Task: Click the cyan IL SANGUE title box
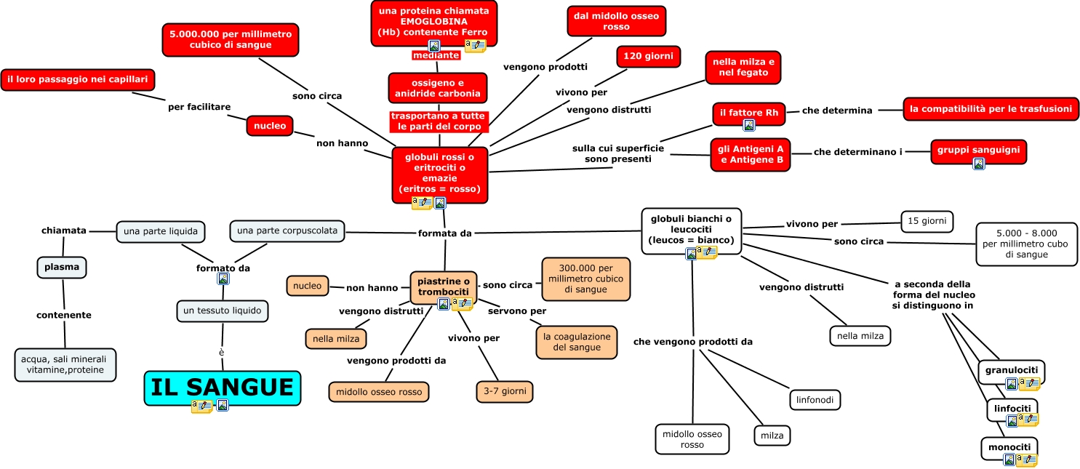[x=222, y=387]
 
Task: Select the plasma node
[x=62, y=267]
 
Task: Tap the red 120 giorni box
[x=648, y=56]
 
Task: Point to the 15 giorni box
[x=927, y=221]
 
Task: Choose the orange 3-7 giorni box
[x=505, y=391]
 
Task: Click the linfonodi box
[x=815, y=399]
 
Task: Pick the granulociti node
[x=1011, y=370]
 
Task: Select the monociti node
[x=1009, y=446]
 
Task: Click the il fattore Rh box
[x=748, y=113]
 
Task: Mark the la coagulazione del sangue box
[x=576, y=342]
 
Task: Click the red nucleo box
[x=270, y=126]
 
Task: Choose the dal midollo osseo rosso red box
[x=616, y=21]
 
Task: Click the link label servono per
[x=517, y=310]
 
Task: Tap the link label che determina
[x=836, y=111]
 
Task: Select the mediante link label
[x=436, y=55]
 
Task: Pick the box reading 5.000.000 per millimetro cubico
[x=230, y=39]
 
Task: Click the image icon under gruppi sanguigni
[x=978, y=164]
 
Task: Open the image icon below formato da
[x=223, y=278]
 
